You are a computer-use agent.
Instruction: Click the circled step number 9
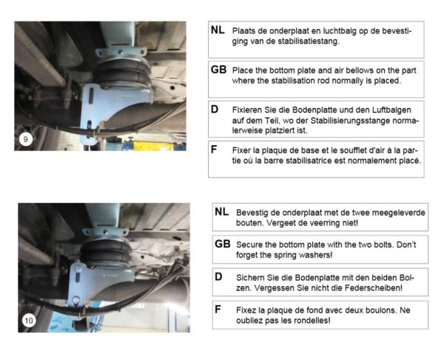click(x=27, y=139)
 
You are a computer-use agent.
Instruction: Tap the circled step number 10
click(x=29, y=320)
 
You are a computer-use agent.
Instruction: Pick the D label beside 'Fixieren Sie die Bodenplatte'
click(x=215, y=109)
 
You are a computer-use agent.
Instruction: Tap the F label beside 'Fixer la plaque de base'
click(x=215, y=149)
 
